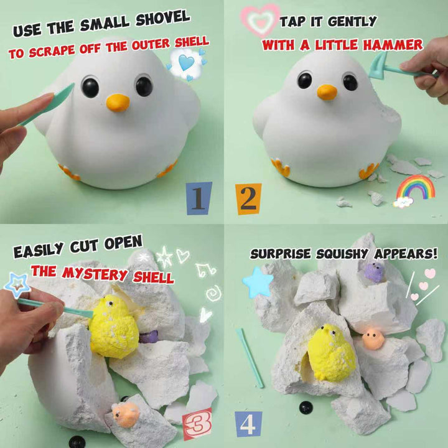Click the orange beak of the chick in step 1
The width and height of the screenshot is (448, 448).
pos(118,102)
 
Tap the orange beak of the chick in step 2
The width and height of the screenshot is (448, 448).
pos(327,92)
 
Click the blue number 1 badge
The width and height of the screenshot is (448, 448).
pos(199,198)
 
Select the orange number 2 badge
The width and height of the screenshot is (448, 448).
pos(248,199)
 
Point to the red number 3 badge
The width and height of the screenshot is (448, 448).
pos(197,424)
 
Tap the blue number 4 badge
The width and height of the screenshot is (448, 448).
pos(248,424)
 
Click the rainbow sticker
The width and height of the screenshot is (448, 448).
pos(415,190)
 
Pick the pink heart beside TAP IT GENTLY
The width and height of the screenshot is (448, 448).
pos(260,20)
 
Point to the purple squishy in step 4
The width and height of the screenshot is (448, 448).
pos(375,272)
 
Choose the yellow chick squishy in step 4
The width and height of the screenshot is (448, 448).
pos(332,352)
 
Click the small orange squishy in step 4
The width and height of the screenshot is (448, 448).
pos(373,338)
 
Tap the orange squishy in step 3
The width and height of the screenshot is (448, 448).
pos(125,414)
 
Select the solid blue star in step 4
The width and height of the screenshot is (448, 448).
pos(258,282)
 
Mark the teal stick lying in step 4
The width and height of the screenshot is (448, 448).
pos(250,358)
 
